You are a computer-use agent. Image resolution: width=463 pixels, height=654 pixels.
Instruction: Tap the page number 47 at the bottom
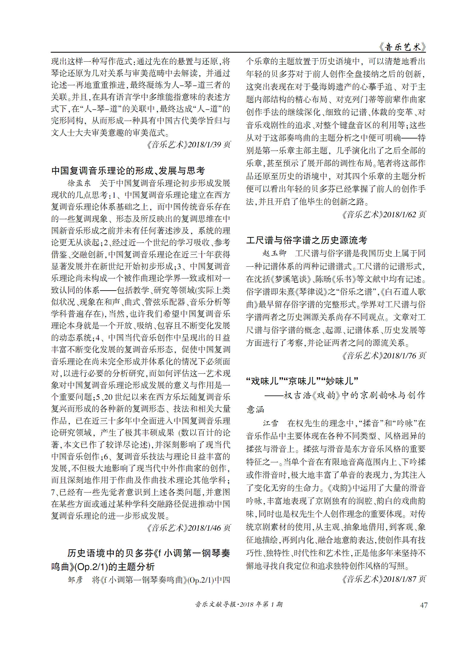point(424,605)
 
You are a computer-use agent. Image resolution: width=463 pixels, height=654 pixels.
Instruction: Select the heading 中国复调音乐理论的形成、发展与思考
point(128,171)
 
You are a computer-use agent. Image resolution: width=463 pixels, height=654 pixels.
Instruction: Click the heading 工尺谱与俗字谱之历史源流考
point(306,240)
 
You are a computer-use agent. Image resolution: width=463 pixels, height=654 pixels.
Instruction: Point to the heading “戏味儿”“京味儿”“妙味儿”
point(302,381)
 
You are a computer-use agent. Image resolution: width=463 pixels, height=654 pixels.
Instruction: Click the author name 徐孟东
point(79,183)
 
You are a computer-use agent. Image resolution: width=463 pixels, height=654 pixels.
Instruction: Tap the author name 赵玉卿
point(274,253)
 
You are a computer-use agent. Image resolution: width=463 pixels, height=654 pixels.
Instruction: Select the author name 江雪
point(270,423)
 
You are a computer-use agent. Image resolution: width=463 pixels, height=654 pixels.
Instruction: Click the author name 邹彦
point(75,580)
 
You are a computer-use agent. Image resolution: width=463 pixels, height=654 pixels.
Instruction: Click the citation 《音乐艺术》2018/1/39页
point(188,145)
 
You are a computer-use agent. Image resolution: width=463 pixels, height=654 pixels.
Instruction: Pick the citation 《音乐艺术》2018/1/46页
point(188,528)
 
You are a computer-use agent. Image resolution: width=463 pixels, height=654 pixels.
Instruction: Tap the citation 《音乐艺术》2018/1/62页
point(383,215)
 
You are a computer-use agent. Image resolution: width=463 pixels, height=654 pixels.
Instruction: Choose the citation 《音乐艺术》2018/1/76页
point(383,356)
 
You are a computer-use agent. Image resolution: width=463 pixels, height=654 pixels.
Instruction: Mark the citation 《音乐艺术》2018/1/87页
point(383,579)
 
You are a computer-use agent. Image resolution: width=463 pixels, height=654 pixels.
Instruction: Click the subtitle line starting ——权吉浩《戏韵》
point(345,395)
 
